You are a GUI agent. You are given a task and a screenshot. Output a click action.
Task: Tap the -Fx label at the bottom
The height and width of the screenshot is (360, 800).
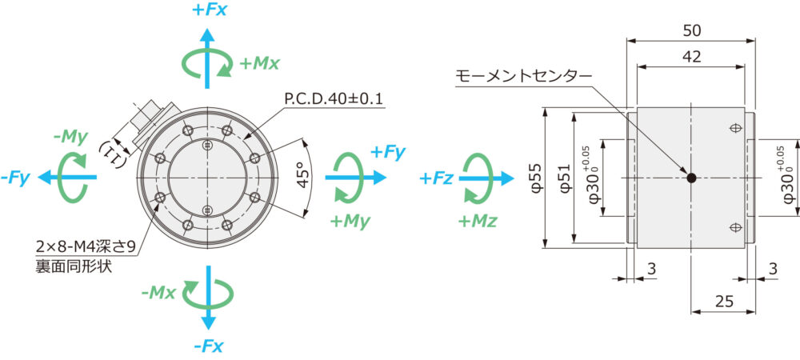tap(208, 346)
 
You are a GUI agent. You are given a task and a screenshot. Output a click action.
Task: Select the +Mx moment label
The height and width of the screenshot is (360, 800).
tap(259, 62)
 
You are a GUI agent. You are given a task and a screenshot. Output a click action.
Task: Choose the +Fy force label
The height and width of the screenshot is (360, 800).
tap(388, 152)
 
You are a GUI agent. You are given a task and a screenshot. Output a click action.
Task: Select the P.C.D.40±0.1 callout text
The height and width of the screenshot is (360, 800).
tap(334, 99)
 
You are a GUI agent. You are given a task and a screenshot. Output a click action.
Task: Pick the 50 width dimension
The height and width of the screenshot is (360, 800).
tap(692, 30)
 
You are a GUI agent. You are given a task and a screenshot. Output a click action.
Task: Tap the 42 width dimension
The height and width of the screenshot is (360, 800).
tap(692, 57)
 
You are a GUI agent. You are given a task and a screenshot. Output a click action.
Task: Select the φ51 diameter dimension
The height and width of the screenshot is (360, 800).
tap(563, 178)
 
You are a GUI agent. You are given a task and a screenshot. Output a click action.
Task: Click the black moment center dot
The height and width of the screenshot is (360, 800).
tap(692, 178)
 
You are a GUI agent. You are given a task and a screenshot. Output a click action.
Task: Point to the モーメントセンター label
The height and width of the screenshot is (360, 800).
tap(524, 76)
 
